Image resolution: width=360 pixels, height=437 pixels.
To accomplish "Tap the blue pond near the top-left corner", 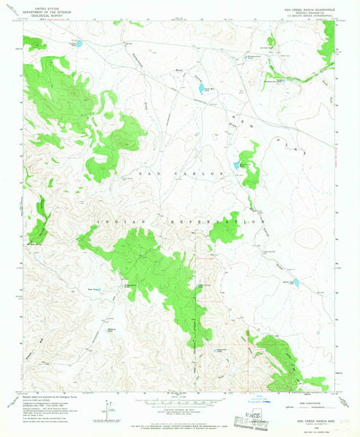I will [82, 44].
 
